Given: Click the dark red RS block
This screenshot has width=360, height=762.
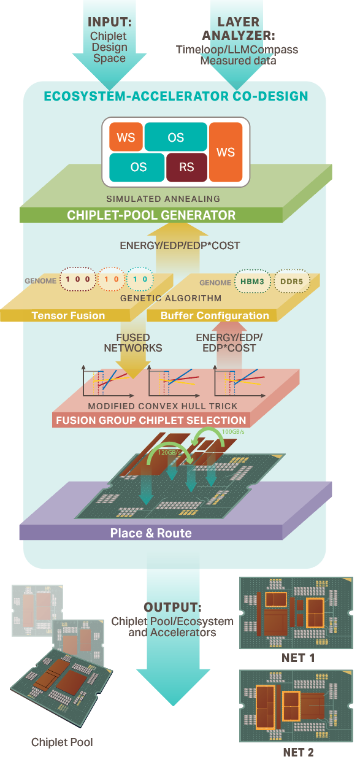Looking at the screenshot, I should [186, 167].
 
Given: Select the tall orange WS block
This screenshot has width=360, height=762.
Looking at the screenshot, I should [226, 152].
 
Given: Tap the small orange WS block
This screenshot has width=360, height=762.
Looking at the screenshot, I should [126, 136].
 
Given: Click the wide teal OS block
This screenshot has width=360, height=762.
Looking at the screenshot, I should [175, 136].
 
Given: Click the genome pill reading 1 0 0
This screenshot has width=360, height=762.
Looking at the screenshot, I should [78, 280].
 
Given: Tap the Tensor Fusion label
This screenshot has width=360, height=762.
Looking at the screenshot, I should [68, 315].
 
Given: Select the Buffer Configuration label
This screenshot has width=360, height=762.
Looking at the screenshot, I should [215, 315].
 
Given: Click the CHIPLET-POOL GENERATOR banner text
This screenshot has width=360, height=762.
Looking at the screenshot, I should [151, 215].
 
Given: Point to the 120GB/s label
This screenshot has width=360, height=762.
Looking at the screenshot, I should [169, 453].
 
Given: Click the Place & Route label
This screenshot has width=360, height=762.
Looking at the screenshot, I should [151, 533].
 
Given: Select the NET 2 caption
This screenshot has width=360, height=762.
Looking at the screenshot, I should [297, 752].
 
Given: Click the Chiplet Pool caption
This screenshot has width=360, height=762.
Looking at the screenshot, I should [62, 742].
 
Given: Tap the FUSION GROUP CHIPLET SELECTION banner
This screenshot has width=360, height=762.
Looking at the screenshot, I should [151, 421].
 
